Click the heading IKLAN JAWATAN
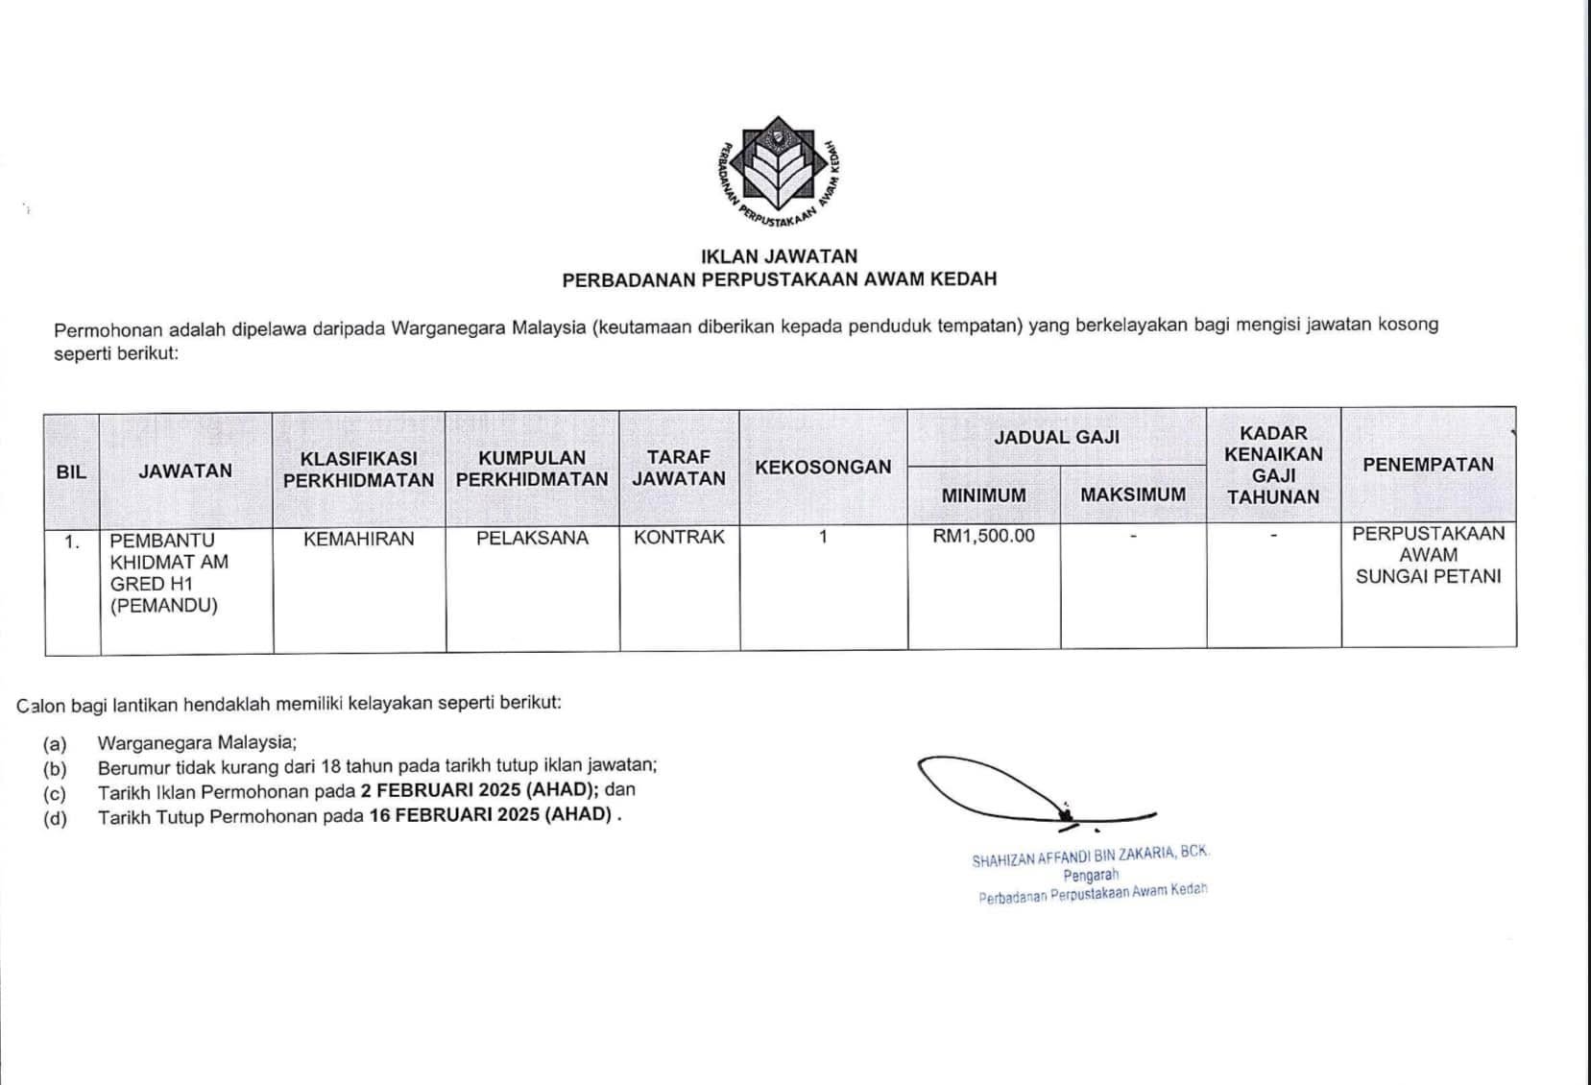click(x=779, y=256)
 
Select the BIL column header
click(x=71, y=471)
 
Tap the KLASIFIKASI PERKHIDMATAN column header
click(x=359, y=470)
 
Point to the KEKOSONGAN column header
click(x=823, y=468)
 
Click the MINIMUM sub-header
click(x=983, y=495)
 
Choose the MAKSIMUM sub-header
click(x=1133, y=495)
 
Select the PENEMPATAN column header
click(x=1428, y=465)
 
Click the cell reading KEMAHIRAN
click(x=359, y=539)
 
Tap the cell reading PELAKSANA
click(x=532, y=539)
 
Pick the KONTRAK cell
click(x=679, y=538)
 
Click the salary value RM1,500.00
click(x=983, y=536)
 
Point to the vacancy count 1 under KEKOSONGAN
click(x=823, y=537)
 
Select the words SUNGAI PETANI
click(x=1428, y=577)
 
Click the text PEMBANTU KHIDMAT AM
click(x=169, y=551)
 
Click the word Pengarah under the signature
click(x=1091, y=876)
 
